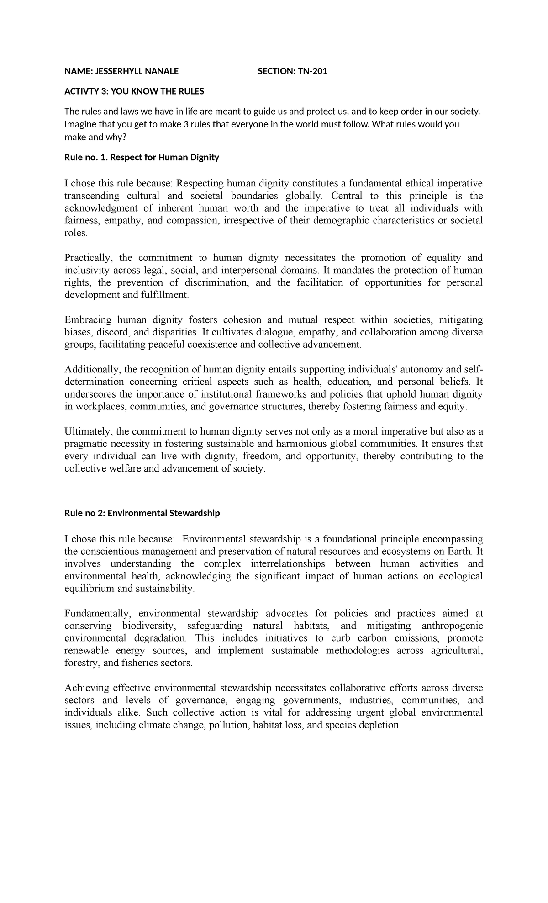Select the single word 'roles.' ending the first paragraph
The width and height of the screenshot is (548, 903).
(x=75, y=233)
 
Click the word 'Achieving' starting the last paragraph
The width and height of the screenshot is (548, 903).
(x=86, y=688)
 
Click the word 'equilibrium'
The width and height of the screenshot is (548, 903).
(x=90, y=589)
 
